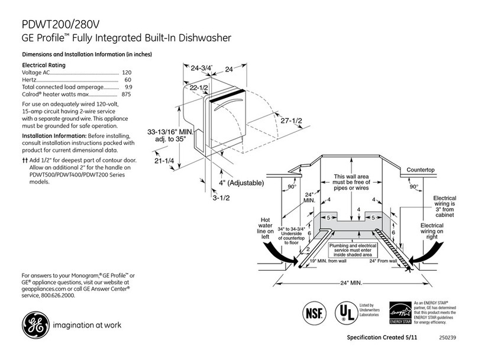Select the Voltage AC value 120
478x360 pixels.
(126, 72)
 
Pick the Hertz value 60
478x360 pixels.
(127, 80)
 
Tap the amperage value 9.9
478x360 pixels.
(126, 87)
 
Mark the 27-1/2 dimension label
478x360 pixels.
(290, 121)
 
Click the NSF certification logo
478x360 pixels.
(315, 311)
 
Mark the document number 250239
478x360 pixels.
(448, 339)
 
